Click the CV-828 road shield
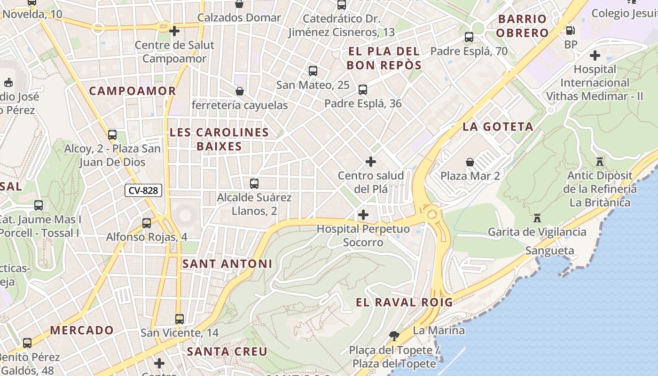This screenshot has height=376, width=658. [144, 190]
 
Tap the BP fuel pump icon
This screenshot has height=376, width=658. [571, 31]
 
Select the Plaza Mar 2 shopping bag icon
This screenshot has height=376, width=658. [470, 163]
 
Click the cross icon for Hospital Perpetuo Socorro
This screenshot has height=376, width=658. [363, 215]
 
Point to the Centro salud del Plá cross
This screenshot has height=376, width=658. [370, 162]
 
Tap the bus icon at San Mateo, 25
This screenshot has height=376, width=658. [313, 71]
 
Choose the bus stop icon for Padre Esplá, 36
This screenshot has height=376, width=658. [362, 89]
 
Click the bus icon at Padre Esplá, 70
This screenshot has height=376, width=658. [469, 37]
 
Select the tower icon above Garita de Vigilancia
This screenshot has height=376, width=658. [537, 218]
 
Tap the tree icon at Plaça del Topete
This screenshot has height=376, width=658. [394, 336]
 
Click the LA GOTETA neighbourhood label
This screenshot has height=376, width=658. [498, 126]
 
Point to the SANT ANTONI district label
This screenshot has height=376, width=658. [227, 264]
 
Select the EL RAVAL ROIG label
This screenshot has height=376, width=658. [404, 302]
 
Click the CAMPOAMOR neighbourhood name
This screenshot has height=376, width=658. [133, 91]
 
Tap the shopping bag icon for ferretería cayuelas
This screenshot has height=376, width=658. [239, 91]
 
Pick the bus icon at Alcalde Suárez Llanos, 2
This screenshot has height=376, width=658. [254, 183]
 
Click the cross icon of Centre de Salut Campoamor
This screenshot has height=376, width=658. [174, 31]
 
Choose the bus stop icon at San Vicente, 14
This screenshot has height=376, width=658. [179, 319]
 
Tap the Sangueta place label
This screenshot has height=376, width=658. [549, 251]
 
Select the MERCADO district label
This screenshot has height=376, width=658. [82, 330]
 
